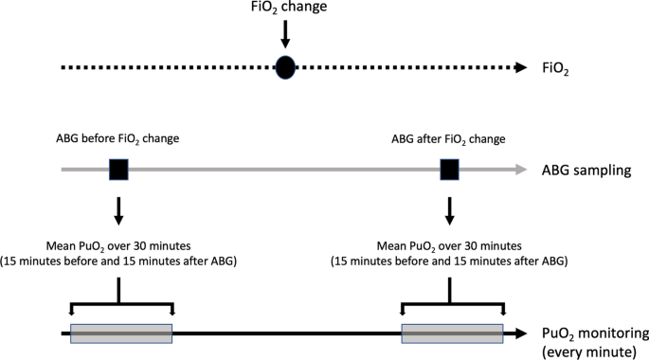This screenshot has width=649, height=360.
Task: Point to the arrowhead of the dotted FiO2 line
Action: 519,68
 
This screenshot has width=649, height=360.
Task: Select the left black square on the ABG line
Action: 118,171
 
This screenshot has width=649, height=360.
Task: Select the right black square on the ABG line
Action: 451,171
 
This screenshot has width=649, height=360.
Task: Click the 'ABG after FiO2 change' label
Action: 448,139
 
